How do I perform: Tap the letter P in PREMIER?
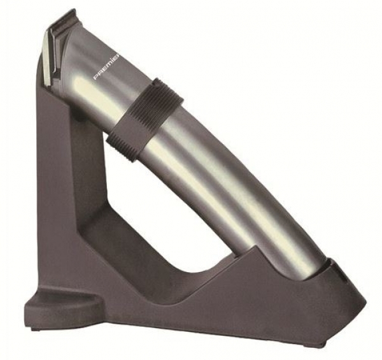96,78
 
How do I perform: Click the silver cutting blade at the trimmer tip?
50,59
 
